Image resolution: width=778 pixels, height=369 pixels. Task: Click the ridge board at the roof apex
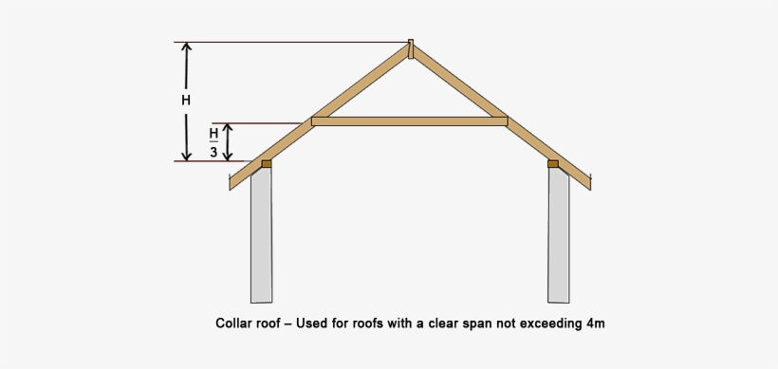click(411, 47)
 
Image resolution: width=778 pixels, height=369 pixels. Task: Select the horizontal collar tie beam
click(410, 121)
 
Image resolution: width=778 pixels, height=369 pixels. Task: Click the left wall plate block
click(267, 164)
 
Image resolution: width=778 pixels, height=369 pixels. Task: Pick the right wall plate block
click(553, 164)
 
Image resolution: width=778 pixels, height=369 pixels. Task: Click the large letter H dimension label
click(187, 101)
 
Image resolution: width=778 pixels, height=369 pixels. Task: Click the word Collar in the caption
click(233, 323)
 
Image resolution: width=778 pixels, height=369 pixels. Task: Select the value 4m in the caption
click(595, 323)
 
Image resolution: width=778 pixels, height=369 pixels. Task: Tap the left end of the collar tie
click(316, 121)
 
